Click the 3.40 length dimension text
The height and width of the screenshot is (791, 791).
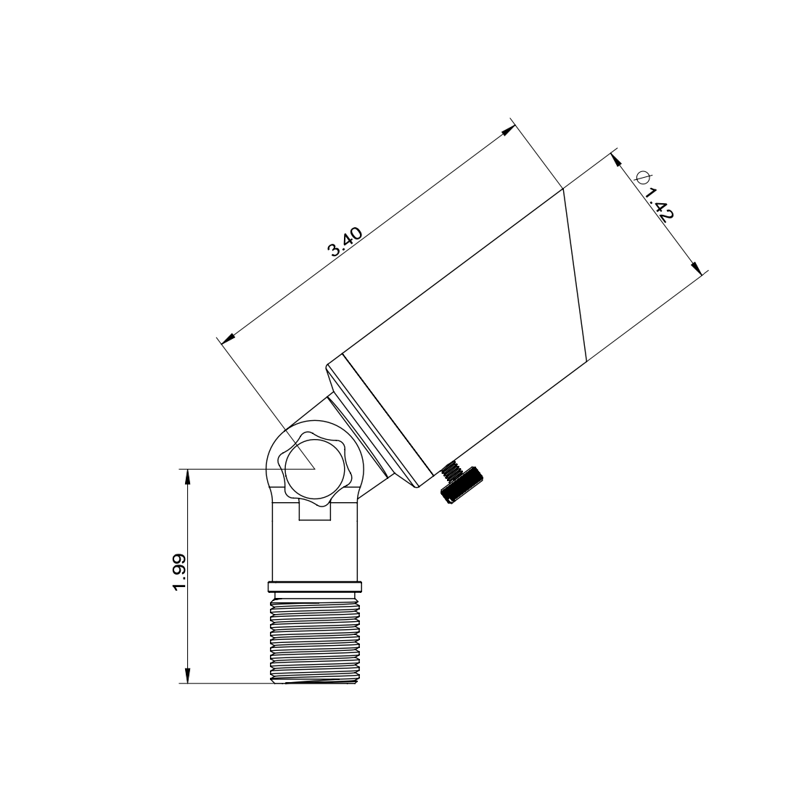point(345,242)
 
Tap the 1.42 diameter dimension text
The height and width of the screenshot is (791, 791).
point(660,205)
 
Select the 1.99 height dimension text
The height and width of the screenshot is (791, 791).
point(179,572)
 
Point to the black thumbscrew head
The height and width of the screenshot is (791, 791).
point(462,484)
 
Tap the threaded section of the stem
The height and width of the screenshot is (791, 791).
point(315,639)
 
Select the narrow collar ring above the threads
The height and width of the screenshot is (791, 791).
point(315,586)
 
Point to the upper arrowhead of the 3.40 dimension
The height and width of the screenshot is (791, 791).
point(507,130)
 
